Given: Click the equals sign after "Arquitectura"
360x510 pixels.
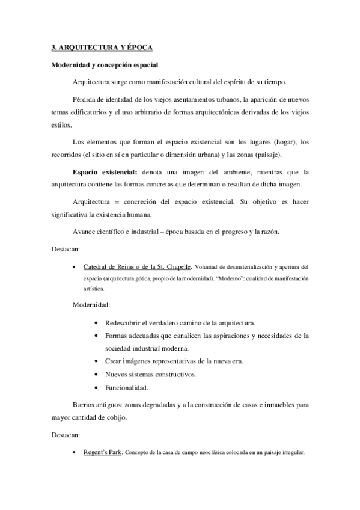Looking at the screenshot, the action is point(118,200).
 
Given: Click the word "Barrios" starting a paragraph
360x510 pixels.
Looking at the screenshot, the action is point(85,406).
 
